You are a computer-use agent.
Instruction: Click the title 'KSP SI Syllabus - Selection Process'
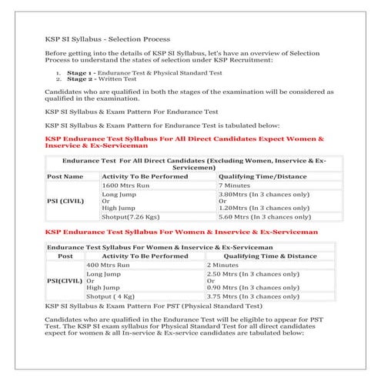pyautogui.click(x=108, y=38)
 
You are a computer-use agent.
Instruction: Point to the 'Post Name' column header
pyautogui.click(x=65, y=176)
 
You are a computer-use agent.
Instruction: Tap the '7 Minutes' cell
pyautogui.click(x=234, y=185)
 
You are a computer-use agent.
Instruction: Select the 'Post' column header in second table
pyautogui.click(x=65, y=256)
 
